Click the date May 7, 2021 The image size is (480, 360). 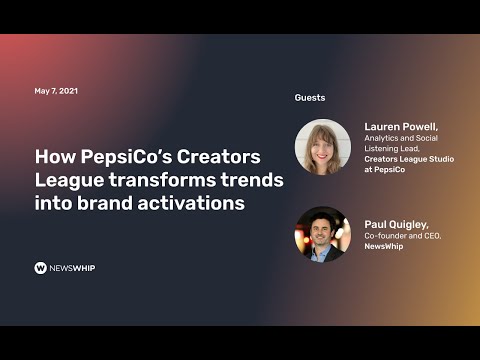(x=56, y=91)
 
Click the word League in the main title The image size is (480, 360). (x=67, y=179)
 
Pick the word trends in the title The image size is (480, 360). (x=250, y=179)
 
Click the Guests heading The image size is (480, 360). (x=309, y=98)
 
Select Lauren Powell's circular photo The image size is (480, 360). (x=322, y=147)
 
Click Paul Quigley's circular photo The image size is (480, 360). (x=322, y=233)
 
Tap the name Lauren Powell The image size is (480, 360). (x=400, y=128)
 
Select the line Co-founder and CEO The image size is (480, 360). (x=402, y=236)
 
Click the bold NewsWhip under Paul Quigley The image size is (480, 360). (x=384, y=247)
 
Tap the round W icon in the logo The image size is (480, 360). (x=41, y=268)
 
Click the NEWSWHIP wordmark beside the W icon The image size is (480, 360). (x=74, y=268)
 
